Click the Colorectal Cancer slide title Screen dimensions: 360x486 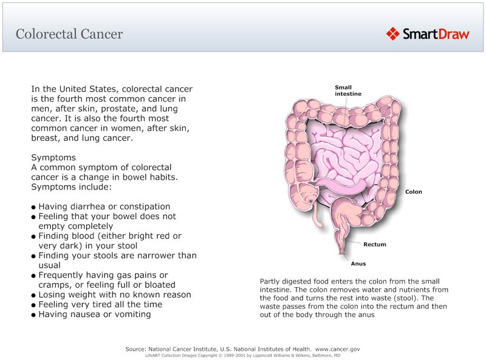69,34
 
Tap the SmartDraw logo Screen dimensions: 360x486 427,34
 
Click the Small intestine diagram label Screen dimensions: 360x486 347,90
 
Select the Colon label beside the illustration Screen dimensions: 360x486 413,192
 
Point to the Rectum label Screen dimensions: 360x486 374,245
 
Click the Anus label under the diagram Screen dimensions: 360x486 358,264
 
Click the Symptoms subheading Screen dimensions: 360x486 53,157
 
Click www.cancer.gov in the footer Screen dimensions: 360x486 338,349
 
